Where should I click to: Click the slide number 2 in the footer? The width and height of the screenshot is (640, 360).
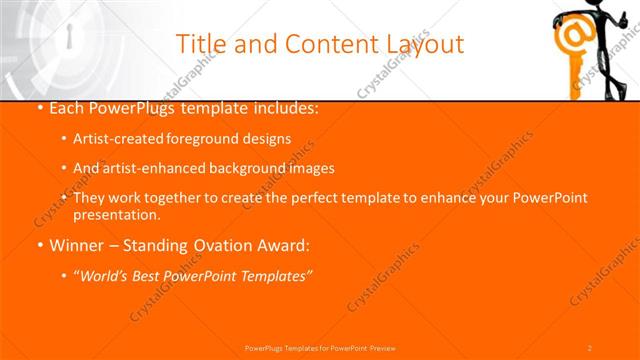pyautogui.click(x=590, y=347)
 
